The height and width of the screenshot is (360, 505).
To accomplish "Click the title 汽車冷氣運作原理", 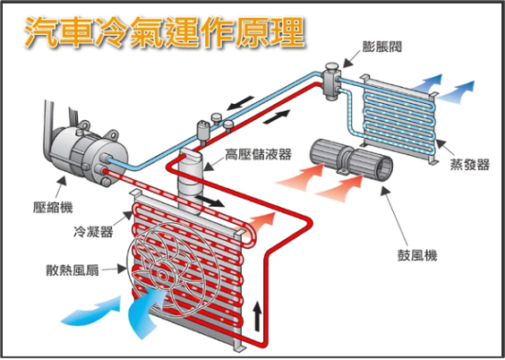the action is (x=164, y=32).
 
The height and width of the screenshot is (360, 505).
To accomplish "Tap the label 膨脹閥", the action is (x=382, y=47).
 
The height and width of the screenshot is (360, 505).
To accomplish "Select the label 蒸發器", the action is (x=470, y=164).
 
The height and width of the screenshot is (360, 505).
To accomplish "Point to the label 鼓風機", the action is (x=417, y=255).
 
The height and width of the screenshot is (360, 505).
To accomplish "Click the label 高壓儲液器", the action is (x=258, y=154).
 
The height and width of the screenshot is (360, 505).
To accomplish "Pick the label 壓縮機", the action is (x=53, y=208).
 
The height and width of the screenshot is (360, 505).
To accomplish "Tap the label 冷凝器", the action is (x=93, y=231).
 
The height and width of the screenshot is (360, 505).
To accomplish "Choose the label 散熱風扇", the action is (x=73, y=270).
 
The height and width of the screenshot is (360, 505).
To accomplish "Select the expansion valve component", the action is (x=331, y=81).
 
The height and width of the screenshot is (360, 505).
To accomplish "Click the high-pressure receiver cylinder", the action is (x=191, y=180).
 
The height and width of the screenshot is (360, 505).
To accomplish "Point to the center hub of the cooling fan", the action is (x=163, y=276).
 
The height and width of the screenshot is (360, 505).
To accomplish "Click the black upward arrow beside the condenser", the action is (x=257, y=316).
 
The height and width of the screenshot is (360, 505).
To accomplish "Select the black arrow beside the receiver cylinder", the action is (x=210, y=201).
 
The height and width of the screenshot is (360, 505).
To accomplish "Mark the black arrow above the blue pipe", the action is (x=240, y=102).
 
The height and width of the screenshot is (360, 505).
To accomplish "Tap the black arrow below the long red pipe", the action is (x=277, y=116).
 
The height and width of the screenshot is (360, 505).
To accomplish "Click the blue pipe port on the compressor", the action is (x=107, y=159).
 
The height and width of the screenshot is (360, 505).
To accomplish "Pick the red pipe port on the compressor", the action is (x=102, y=168).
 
